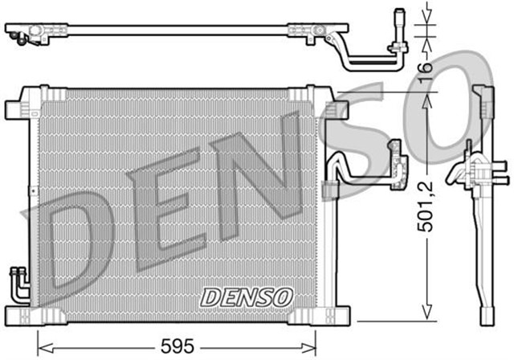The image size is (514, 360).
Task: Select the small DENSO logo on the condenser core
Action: coord(246,296)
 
